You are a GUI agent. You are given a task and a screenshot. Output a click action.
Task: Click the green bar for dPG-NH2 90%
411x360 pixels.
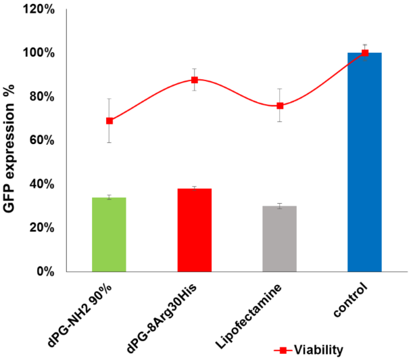[x=109, y=234]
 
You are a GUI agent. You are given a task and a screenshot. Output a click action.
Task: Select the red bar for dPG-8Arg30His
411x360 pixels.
[x=194, y=230]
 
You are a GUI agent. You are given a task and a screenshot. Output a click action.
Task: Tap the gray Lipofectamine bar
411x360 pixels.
[x=280, y=238]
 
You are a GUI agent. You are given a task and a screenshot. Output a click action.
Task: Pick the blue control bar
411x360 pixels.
[x=365, y=162]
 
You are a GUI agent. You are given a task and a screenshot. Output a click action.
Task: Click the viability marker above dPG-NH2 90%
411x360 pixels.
[x=109, y=120]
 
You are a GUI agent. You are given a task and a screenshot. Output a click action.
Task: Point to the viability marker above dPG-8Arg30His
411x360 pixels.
[x=194, y=80]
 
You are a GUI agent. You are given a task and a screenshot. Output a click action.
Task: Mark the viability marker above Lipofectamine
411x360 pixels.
[x=280, y=106]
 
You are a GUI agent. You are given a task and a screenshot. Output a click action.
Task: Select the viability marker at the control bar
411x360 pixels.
[x=365, y=53]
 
